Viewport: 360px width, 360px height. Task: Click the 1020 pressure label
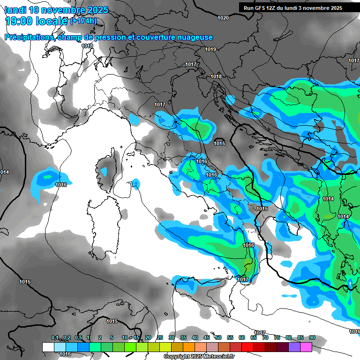pos(223,18)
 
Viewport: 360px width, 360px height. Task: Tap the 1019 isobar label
pos(210,50)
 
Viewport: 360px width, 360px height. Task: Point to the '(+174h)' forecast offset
pos(83,21)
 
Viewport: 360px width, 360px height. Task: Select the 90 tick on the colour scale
pos(312,337)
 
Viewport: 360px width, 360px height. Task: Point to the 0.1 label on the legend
pos(55,337)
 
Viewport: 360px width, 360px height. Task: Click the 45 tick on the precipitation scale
pos(207,337)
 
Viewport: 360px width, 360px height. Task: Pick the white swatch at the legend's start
pos(48,347)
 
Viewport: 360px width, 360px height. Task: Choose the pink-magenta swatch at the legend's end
pos(306,347)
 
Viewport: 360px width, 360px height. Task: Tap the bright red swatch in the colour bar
pos(247,347)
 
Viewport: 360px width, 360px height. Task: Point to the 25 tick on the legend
pos(160,337)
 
